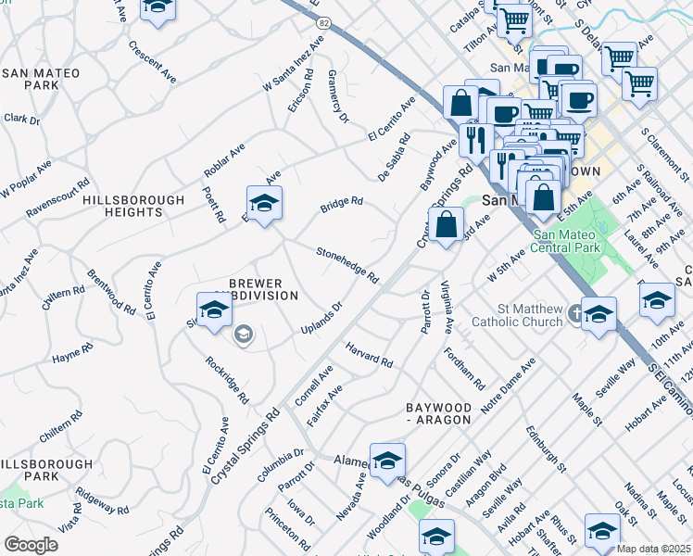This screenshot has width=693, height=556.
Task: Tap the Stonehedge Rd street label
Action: click(x=347, y=264)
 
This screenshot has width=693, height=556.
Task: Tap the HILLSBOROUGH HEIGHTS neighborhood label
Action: click(x=122, y=206)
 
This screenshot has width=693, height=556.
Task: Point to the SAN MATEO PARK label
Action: click(x=31, y=79)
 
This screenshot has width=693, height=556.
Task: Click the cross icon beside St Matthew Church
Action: click(x=576, y=312)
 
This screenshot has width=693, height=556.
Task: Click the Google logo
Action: click(x=31, y=544)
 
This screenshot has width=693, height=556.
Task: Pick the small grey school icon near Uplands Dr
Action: click(x=244, y=335)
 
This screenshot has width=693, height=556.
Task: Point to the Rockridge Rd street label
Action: click(x=227, y=380)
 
